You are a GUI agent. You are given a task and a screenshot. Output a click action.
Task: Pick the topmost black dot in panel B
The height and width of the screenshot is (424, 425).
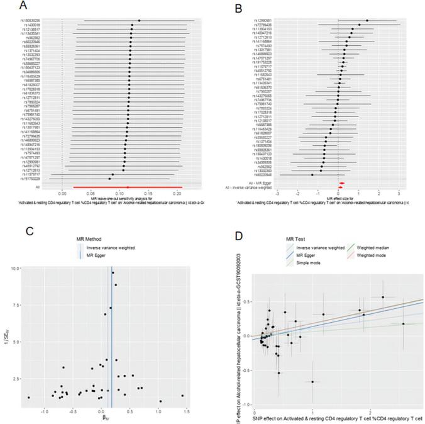coord(367,20)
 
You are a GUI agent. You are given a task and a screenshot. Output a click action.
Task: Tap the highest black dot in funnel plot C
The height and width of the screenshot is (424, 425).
coord(113,273)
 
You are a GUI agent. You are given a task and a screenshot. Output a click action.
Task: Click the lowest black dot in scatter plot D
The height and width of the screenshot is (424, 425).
coord(312,381)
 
